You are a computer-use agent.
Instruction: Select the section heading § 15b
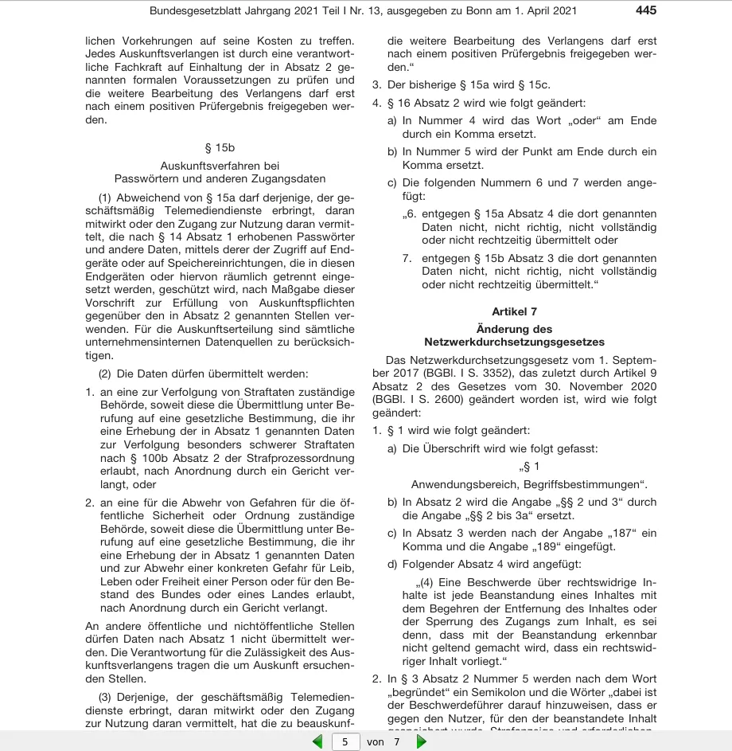coord(220,147)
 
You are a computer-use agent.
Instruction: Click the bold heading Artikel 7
coord(514,311)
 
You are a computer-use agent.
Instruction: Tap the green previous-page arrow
coord(317,741)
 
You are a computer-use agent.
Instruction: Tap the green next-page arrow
coord(422,741)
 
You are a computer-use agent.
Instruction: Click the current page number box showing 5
coord(345,741)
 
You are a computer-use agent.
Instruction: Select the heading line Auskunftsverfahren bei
coord(220,166)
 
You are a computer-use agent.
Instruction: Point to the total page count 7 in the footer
coord(396,741)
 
